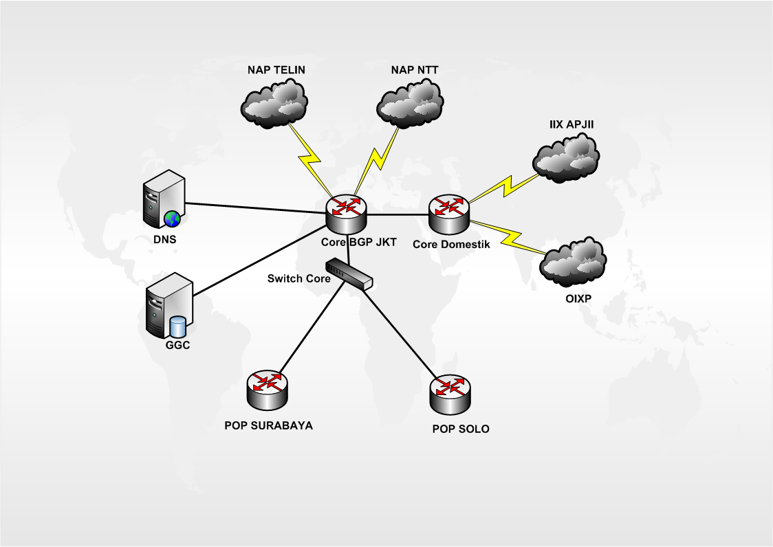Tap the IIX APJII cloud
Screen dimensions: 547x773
click(566, 158)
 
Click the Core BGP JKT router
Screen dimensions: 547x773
click(347, 214)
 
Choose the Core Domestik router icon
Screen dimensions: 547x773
click(449, 214)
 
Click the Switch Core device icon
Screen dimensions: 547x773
click(349, 273)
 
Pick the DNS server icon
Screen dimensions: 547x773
click(164, 200)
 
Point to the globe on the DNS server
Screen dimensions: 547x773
click(172, 219)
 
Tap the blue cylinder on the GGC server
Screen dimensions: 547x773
click(179, 326)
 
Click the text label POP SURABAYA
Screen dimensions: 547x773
click(268, 425)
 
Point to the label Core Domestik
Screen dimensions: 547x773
click(451, 244)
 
